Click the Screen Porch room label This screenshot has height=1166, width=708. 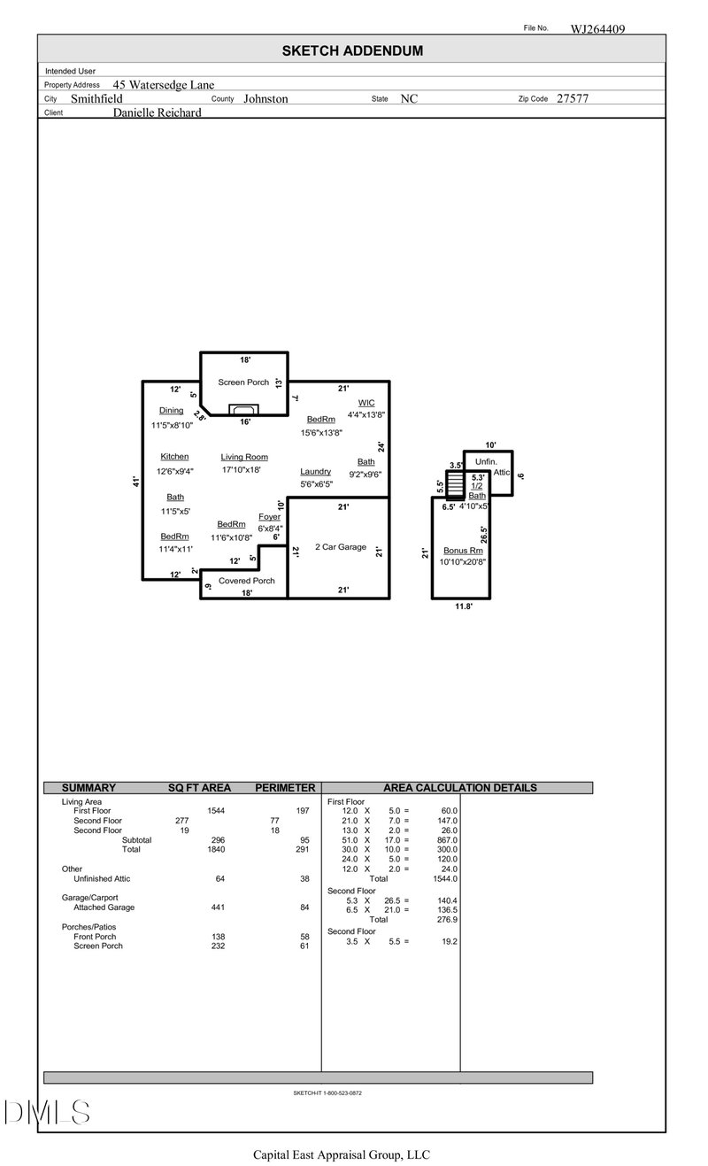pyautogui.click(x=243, y=382)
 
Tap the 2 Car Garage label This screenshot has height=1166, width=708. pyautogui.click(x=341, y=547)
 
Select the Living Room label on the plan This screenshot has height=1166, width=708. pyautogui.click(x=244, y=457)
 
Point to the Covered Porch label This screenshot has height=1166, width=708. pyautogui.click(x=247, y=581)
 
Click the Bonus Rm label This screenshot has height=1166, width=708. pyautogui.click(x=463, y=551)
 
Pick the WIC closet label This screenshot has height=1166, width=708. pyautogui.click(x=366, y=403)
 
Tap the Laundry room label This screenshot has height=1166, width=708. pyautogui.click(x=315, y=471)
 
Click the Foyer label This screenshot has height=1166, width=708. pyautogui.click(x=269, y=516)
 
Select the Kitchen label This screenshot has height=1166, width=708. pyautogui.click(x=174, y=457)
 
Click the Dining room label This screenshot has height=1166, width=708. pyautogui.click(x=172, y=411)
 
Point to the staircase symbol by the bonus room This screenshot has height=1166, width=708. pyautogui.click(x=454, y=484)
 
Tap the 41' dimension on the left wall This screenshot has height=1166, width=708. pyautogui.click(x=135, y=481)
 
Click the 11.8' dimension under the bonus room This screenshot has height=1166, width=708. pyautogui.click(x=463, y=606)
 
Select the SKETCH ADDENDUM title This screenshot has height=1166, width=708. pyautogui.click(x=352, y=51)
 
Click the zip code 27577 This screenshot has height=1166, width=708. pyautogui.click(x=572, y=99)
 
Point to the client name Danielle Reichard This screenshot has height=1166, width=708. pyautogui.click(x=158, y=113)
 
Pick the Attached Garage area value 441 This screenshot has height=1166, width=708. pyautogui.click(x=216, y=907)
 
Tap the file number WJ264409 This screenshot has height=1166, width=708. pyautogui.click(x=597, y=28)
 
